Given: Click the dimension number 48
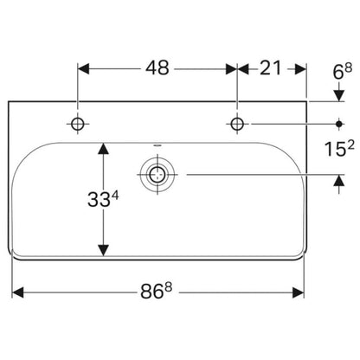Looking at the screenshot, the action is [x=157, y=68].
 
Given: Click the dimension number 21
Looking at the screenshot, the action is [x=270, y=68].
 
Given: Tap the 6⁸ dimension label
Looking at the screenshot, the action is [x=343, y=72].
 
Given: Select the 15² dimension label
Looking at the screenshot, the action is [x=339, y=149].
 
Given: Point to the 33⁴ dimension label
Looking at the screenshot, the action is [x=103, y=200].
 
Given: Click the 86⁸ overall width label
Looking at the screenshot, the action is [x=156, y=291].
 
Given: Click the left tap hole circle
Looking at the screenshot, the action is [x=78, y=124].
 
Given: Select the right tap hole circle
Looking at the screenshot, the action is [x=237, y=124].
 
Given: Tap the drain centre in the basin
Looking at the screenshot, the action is [x=157, y=175].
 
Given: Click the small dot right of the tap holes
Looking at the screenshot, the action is [x=339, y=124].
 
